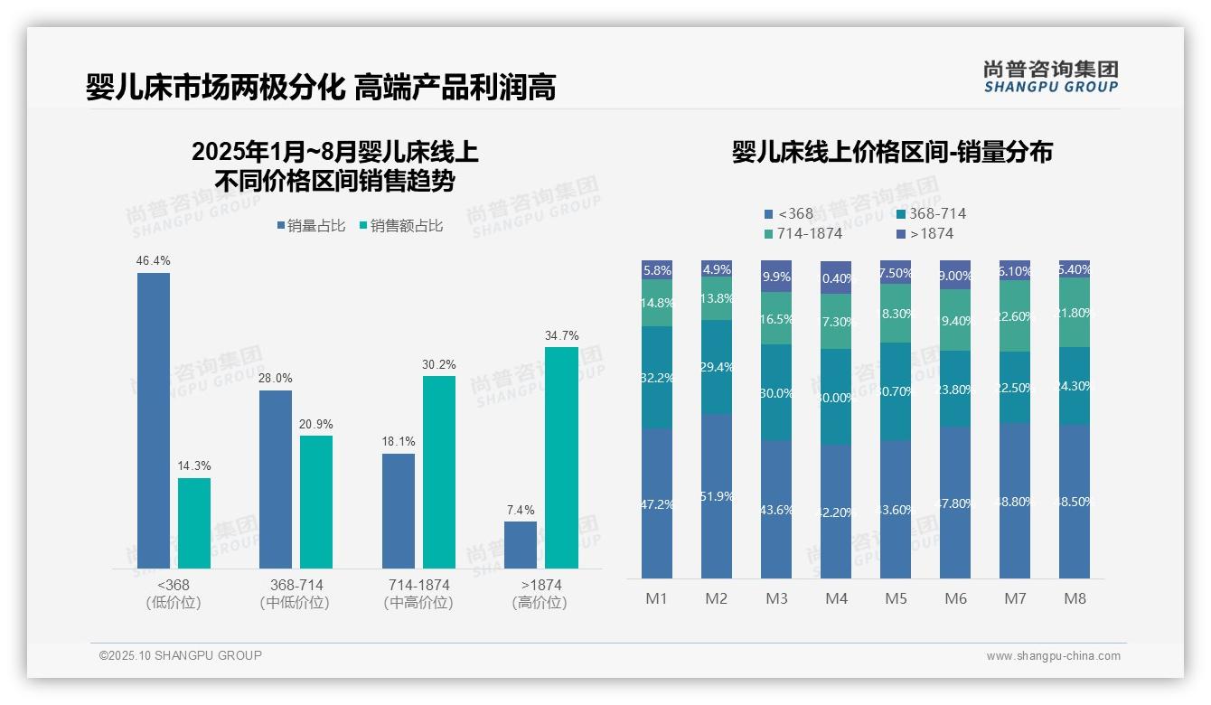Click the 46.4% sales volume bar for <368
point(154,420)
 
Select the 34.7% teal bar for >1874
point(561,457)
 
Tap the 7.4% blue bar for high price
point(521,544)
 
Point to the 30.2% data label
point(439,365)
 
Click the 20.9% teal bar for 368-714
point(316,502)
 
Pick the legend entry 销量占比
point(311,226)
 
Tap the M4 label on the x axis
point(836,598)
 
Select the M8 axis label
point(1075,598)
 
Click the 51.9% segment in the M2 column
point(717,495)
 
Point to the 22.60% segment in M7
point(1015,315)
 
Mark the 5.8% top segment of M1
point(657,269)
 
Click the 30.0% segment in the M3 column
point(776,392)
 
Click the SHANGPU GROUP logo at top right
point(1050,77)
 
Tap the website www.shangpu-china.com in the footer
point(1053,656)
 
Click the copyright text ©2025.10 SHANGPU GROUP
point(181,655)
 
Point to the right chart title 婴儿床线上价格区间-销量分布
point(892,152)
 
